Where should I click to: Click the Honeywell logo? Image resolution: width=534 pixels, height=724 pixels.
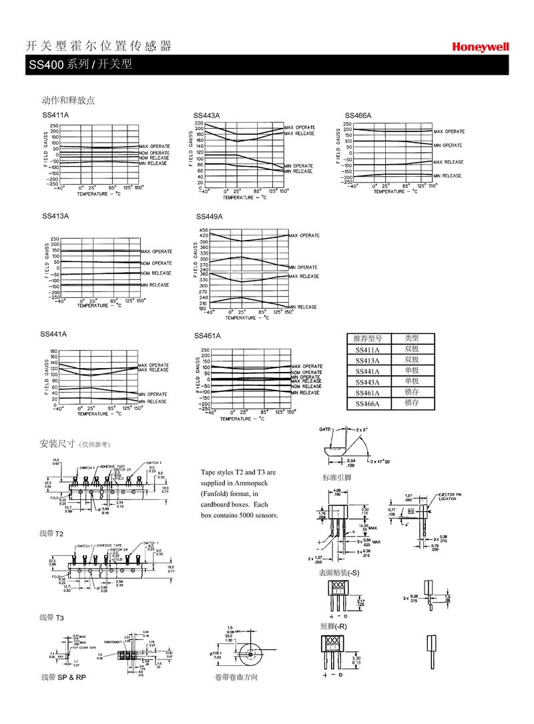point(480,47)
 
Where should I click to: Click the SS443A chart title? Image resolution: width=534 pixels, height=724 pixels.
point(206,116)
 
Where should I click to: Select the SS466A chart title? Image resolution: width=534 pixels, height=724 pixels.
point(358,116)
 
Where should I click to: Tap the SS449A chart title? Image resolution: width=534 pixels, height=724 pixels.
point(209,217)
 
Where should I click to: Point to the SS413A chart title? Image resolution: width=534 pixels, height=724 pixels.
point(55,216)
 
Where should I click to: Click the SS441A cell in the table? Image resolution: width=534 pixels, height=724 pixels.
point(367,371)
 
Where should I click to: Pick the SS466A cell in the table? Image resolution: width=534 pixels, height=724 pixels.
point(367,403)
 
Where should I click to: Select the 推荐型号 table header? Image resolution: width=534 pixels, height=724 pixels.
point(367,339)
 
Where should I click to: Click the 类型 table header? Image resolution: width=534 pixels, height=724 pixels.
point(411,339)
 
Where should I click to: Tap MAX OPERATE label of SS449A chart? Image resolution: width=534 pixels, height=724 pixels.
point(304,235)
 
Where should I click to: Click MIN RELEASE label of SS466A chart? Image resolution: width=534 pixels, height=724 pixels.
point(447,175)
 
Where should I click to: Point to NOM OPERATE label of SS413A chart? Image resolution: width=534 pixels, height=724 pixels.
point(156,263)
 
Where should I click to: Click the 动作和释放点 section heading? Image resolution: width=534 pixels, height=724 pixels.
point(68,101)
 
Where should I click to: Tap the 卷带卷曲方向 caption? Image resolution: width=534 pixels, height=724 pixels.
point(236,677)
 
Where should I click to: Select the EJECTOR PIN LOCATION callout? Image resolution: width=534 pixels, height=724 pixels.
point(448,497)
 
